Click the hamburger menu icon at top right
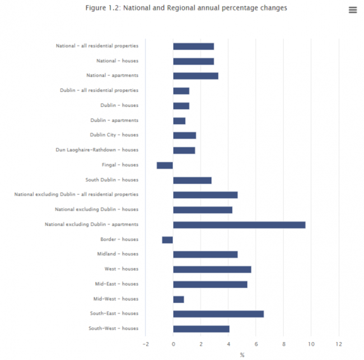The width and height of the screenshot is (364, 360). point(352,10)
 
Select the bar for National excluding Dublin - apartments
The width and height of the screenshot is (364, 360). point(239,225)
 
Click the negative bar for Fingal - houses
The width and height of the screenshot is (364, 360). point(165,165)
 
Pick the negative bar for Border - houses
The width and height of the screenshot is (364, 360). point(167,240)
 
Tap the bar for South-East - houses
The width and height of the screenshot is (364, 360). point(218,314)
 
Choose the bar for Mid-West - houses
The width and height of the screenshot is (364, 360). point(179,299)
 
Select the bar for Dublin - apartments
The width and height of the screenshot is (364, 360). point(179,120)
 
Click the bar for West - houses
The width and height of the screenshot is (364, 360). point(212,269)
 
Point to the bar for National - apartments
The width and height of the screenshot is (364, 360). point(195,76)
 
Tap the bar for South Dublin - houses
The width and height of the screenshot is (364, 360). point(192,180)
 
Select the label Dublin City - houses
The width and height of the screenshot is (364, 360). point(114,135)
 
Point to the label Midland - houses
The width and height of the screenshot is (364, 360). point(118,254)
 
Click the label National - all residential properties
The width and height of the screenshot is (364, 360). point(97,46)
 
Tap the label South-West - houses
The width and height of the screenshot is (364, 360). point(113,329)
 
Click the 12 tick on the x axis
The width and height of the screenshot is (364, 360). point(338,344)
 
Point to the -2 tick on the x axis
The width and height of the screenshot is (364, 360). point(145,344)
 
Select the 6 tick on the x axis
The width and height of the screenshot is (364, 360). point(256,344)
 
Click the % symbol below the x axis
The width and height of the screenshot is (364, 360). point(242,355)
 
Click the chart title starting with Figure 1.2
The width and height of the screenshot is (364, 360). point(186,8)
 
